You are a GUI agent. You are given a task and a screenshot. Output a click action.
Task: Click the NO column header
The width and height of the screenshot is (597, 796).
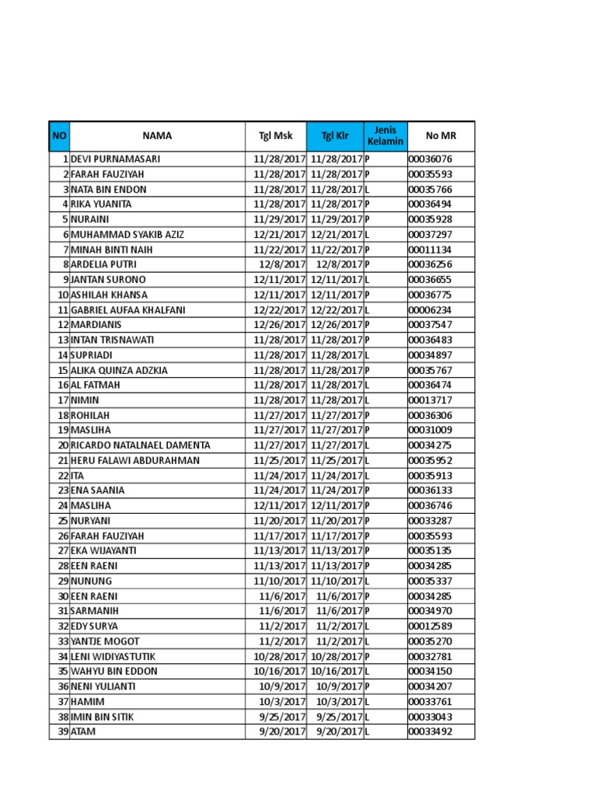coord(59,136)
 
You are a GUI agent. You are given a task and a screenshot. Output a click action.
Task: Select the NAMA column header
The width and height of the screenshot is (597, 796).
coord(157,136)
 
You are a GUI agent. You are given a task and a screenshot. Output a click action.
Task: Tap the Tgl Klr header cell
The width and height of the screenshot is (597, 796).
coord(335,136)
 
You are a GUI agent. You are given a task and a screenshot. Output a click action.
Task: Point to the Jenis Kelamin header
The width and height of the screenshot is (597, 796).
coord(386,136)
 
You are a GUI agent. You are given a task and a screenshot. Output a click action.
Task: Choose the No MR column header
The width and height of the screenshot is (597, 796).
coord(441,136)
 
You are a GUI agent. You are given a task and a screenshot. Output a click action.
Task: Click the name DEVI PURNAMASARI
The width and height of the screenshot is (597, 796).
coord(116,159)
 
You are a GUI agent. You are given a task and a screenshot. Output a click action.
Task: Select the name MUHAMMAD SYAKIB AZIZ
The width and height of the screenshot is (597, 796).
coord(127,235)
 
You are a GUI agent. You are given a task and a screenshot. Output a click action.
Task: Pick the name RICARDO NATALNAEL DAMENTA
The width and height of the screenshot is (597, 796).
coord(140,445)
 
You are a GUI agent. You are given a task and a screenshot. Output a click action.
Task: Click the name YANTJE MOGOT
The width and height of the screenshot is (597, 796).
coord(105,641)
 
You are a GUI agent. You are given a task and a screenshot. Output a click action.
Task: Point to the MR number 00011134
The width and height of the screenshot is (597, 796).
coord(430,250)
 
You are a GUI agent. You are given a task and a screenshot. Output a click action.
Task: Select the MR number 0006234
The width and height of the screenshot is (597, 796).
coord(428,310)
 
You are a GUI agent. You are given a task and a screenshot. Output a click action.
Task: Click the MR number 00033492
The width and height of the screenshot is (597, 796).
coord(430,731)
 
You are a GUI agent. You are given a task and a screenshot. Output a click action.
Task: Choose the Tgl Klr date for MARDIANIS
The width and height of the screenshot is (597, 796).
coord(337,325)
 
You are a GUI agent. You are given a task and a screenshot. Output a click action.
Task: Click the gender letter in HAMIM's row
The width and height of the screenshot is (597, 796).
coord(367,701)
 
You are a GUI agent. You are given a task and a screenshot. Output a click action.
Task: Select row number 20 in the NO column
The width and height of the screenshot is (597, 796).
coord(62,445)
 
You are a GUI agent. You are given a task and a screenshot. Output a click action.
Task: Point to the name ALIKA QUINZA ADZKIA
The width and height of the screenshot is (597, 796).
coord(119,370)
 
